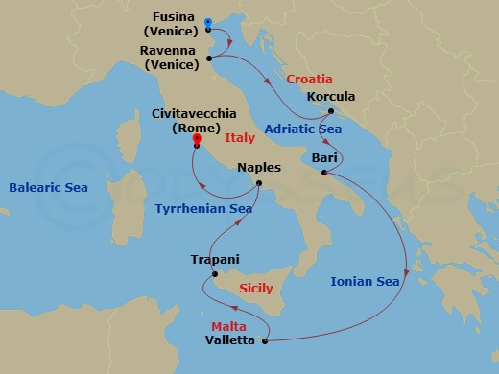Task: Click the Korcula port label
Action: [329, 97]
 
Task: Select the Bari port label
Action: [323, 157]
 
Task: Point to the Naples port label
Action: [258, 167]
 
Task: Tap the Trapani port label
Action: [215, 259]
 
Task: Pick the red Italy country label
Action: [239, 138]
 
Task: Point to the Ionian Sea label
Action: [365, 282]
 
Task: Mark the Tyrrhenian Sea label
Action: [204, 208]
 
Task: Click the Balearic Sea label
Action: [48, 188]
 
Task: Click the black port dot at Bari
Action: [325, 173]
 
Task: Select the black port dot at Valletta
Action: [264, 339]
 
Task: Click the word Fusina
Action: [176, 17]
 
